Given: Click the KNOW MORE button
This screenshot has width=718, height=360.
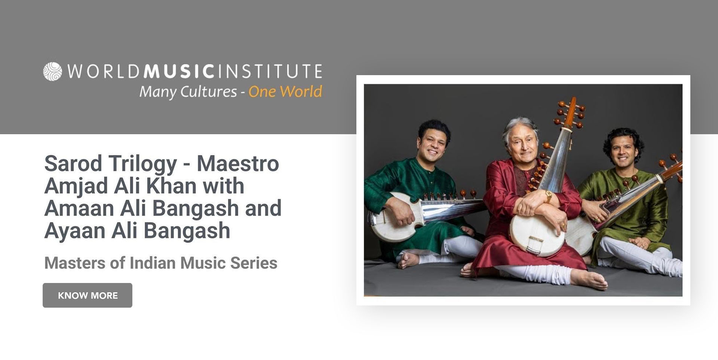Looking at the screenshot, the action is point(88,295).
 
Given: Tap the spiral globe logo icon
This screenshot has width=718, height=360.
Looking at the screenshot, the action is point(52,71).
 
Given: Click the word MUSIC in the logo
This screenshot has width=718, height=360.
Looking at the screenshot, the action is point(179,71).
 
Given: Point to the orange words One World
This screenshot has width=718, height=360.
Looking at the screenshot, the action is point(285,92).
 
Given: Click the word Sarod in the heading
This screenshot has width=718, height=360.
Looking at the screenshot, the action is point(73,163).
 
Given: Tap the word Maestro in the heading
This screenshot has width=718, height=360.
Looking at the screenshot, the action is point(238,163).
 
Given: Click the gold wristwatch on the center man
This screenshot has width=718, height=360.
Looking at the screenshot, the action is point(548,197).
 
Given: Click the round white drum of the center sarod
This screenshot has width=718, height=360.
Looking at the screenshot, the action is point(537,234).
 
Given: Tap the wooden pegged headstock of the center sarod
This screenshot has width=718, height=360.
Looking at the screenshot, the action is point(570,113).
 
